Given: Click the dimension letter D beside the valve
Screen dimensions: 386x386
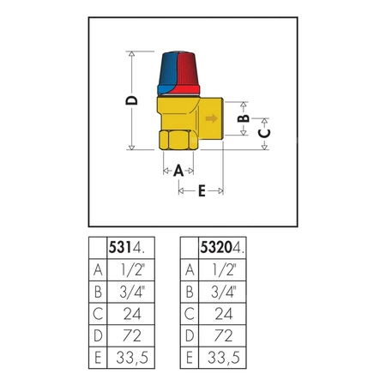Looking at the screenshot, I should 131,100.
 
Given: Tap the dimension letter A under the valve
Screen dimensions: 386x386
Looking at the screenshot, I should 178,170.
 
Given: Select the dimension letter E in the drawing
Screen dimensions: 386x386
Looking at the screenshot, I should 201,191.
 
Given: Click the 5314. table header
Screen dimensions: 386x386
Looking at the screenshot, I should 130,248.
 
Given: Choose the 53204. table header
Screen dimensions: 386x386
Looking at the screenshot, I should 222,248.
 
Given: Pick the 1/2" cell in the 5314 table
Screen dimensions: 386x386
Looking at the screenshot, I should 132,269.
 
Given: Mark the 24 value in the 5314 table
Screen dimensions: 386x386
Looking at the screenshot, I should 132,313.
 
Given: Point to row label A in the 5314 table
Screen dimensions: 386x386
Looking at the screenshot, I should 98,269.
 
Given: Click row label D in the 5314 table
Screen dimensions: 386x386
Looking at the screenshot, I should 98,335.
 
